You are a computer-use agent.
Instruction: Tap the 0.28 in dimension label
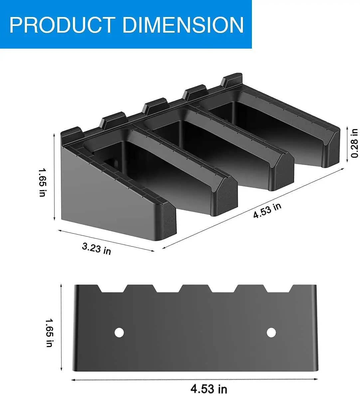click(x=355, y=143)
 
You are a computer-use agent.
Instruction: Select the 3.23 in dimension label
click(x=96, y=248)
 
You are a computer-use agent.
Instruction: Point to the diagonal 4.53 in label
click(x=267, y=211)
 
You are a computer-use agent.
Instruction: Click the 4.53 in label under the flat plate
click(x=209, y=388)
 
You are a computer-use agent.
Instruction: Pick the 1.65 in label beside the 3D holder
click(x=42, y=182)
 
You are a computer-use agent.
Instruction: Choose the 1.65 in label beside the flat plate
click(x=49, y=333)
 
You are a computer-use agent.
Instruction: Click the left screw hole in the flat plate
click(x=119, y=332)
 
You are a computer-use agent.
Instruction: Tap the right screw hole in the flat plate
click(x=271, y=332)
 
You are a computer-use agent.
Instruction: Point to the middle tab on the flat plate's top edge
click(x=195, y=288)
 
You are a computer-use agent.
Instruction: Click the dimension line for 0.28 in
click(x=347, y=143)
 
